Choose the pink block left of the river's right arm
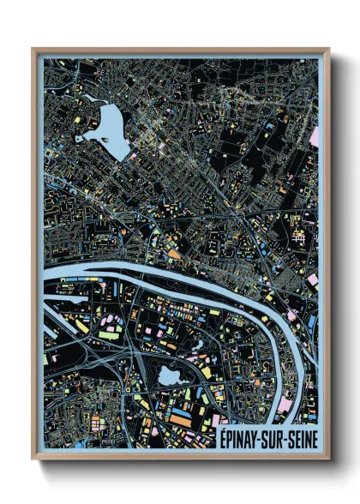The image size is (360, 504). [284, 402]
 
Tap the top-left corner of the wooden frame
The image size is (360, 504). [33, 49]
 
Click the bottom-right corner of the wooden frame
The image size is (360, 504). [329, 459]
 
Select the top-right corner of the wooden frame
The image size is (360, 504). [329, 49]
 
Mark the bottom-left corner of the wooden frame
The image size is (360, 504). [33, 459]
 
